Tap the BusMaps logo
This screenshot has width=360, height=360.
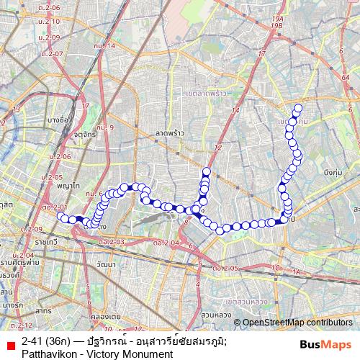(325, 345)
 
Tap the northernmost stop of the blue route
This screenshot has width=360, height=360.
(297, 109)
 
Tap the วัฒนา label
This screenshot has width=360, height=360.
(105, 265)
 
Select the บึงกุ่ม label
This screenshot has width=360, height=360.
(332, 174)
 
